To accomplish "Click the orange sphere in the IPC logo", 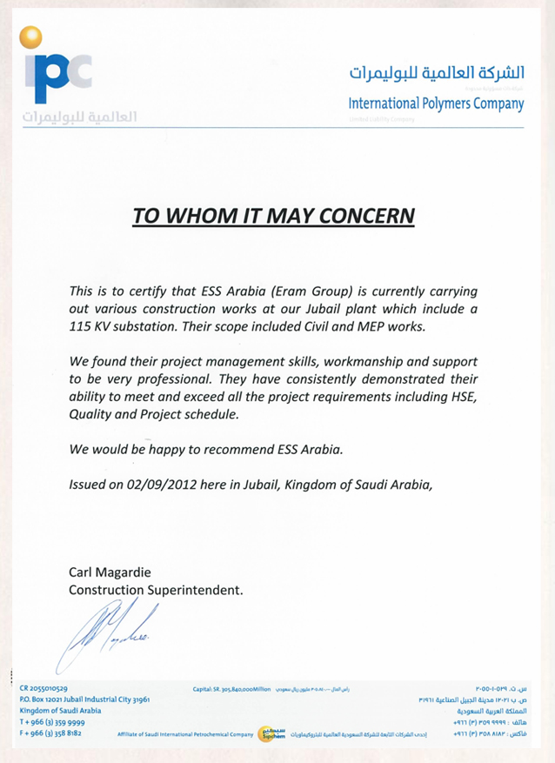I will pyautogui.click(x=31, y=37).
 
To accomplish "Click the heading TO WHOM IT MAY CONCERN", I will pyautogui.click(x=274, y=215).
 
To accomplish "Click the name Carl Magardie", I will pyautogui.click(x=109, y=572).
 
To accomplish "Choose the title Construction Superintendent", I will pyautogui.click(x=156, y=590).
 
